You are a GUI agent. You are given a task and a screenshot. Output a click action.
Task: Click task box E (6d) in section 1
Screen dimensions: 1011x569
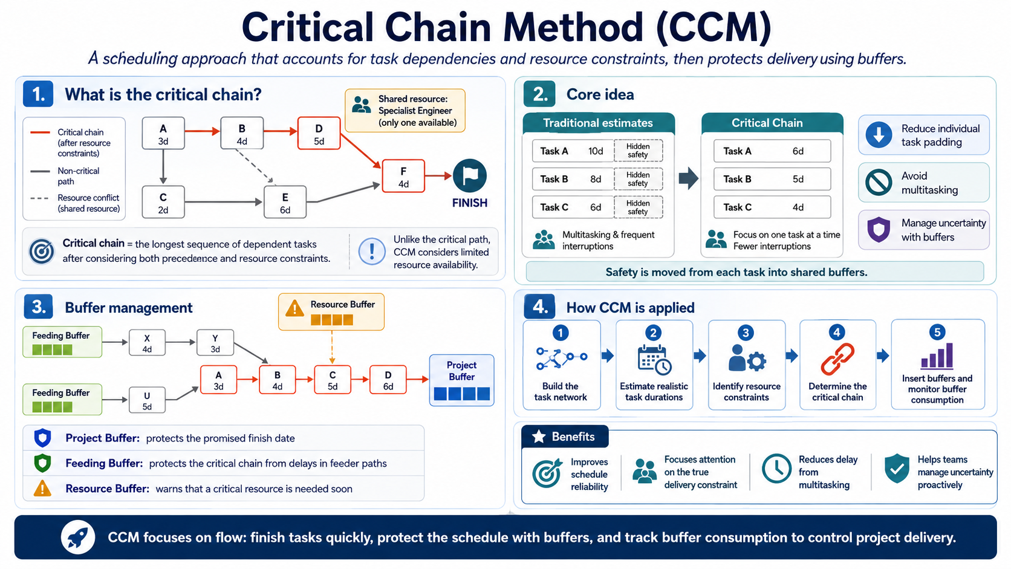285,202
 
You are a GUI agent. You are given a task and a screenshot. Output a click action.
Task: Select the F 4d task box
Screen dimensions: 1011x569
403,176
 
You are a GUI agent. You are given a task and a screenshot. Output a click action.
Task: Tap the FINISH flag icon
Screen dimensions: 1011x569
469,175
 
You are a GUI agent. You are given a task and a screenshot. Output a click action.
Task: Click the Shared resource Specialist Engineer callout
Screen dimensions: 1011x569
405,111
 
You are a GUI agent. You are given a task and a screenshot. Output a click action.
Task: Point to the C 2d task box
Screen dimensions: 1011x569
163,202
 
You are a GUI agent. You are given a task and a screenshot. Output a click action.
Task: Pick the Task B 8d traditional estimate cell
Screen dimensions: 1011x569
573,179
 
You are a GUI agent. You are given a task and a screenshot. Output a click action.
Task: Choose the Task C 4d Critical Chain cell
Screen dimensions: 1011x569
772,207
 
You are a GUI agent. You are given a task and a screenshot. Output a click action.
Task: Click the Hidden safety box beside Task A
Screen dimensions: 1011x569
638,151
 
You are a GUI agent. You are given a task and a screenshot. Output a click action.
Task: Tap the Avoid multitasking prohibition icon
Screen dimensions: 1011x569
879,183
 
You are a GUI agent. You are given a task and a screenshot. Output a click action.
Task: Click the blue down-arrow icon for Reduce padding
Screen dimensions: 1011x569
879,135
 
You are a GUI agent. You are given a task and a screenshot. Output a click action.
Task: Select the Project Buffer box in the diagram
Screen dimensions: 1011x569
461,380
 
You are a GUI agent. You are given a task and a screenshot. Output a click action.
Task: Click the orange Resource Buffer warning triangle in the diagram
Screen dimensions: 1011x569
294,308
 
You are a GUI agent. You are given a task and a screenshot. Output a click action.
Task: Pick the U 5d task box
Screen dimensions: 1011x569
147,400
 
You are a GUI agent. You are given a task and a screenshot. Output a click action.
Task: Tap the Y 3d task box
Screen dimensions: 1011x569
215,343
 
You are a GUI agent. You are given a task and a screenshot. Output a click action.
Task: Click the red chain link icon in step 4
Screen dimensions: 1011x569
837,359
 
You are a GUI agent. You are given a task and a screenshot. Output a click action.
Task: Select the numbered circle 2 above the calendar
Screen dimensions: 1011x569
653,333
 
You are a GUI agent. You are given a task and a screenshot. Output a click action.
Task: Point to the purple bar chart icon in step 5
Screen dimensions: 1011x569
937,356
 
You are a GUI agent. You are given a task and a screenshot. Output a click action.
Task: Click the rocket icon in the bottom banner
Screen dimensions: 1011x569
78,538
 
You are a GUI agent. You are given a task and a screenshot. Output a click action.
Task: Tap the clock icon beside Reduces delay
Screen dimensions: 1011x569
776,469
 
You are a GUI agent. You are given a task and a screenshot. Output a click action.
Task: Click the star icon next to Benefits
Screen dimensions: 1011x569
538,437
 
